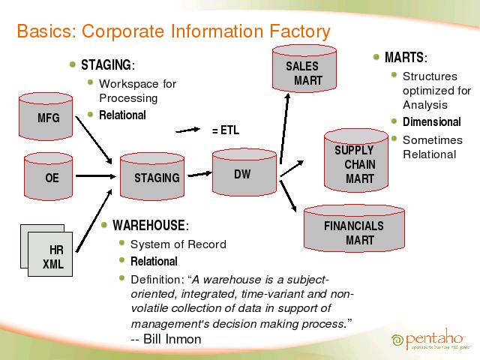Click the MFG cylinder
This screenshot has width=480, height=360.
coord(49,117)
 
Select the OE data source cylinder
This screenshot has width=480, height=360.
coord(51,177)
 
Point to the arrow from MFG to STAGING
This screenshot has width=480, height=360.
coord(94,140)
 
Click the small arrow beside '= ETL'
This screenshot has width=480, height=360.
coord(190,129)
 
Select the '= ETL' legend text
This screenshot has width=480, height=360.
coord(225,130)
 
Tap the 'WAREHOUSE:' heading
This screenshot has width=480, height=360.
coord(150,225)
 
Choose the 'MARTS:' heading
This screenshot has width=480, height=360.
coord(406,58)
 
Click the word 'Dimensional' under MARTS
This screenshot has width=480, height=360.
coord(431,122)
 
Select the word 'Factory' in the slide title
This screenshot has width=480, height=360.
coord(295,31)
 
